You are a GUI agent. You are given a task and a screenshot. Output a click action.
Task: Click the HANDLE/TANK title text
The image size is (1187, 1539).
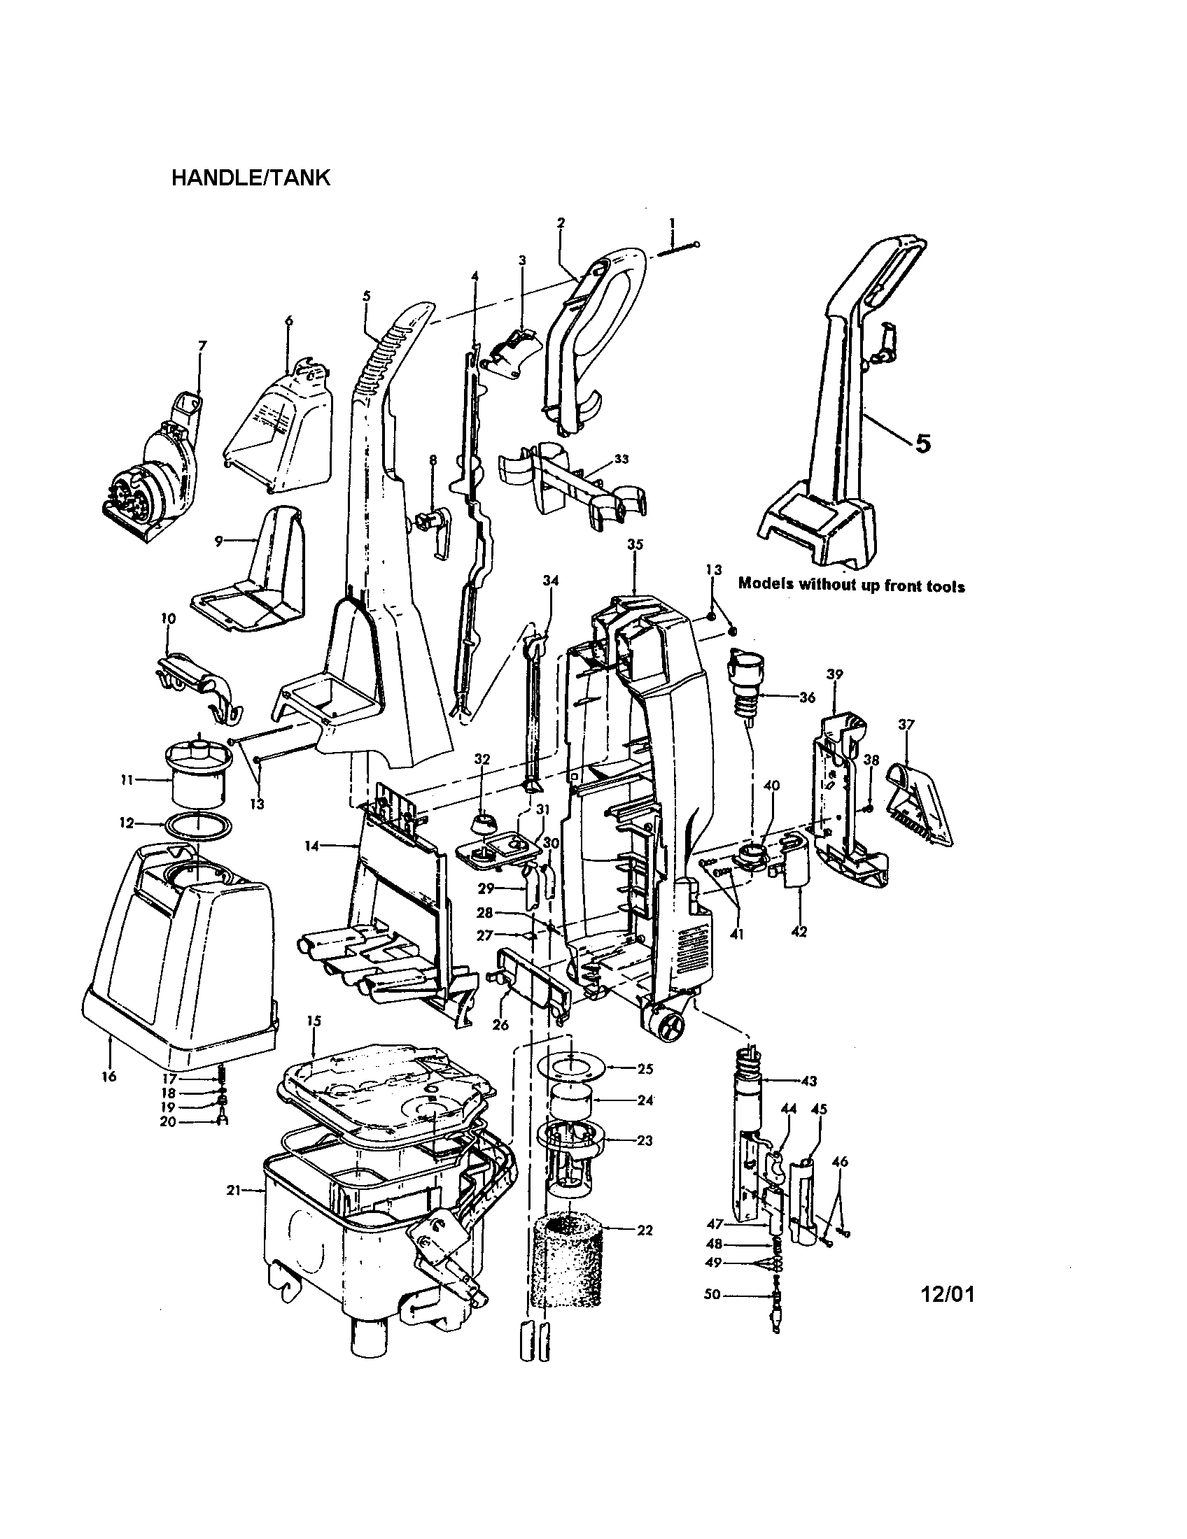(x=251, y=177)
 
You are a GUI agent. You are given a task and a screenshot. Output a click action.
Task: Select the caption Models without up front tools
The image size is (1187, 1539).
(x=851, y=585)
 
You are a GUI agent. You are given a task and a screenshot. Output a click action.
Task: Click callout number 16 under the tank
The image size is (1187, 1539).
(x=108, y=1077)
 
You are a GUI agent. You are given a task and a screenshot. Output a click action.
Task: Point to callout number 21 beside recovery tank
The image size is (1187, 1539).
(x=233, y=1190)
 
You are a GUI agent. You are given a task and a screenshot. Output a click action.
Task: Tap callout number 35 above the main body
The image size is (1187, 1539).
(x=634, y=545)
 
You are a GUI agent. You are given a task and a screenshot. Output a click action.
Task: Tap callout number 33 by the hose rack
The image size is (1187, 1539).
(x=621, y=459)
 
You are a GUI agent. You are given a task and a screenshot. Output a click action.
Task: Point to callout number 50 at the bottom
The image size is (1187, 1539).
(x=712, y=1294)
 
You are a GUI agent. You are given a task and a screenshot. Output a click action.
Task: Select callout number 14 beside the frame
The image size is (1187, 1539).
(x=312, y=846)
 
